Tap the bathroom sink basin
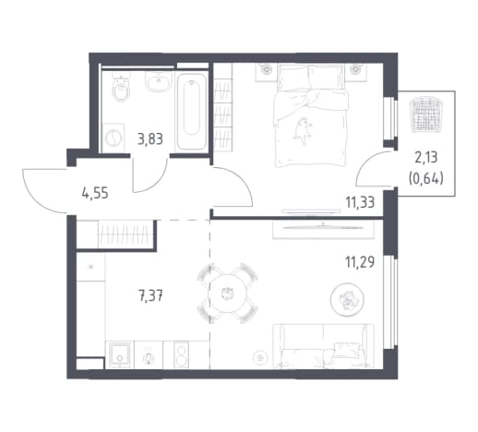158,82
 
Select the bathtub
191,112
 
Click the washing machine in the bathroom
113,138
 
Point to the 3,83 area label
150,139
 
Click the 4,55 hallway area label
95,194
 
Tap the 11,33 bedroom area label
360,202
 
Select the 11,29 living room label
360,262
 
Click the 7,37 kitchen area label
150,296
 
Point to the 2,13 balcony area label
426,158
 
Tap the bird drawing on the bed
303,131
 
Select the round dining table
227,293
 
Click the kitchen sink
120,354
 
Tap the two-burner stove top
179,354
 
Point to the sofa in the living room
324,346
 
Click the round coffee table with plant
347,299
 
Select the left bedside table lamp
266,69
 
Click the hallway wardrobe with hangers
125,234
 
